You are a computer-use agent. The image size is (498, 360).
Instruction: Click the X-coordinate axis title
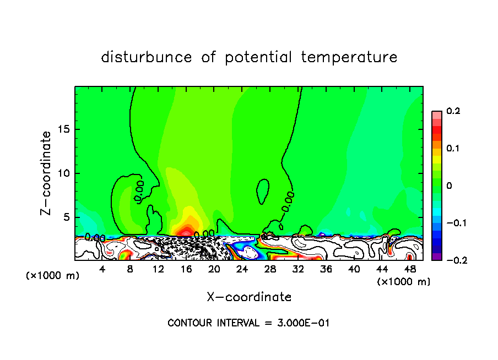[x=249, y=297]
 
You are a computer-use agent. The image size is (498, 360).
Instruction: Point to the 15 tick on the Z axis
[x=66, y=129]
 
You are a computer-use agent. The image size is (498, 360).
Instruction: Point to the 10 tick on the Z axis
[x=66, y=173]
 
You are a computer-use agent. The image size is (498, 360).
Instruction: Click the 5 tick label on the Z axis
[x=68, y=217]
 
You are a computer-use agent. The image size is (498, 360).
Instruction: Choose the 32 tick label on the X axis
[x=298, y=269]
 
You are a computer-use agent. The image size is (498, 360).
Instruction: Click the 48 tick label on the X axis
[x=409, y=269]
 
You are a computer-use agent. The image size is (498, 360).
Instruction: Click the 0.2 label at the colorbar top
[x=453, y=111]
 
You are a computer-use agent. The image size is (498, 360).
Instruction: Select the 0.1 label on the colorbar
[x=453, y=149]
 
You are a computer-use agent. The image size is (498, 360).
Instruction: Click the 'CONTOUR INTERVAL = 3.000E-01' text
[x=248, y=323]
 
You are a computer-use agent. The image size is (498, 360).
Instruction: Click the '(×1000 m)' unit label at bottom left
[x=52, y=276]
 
